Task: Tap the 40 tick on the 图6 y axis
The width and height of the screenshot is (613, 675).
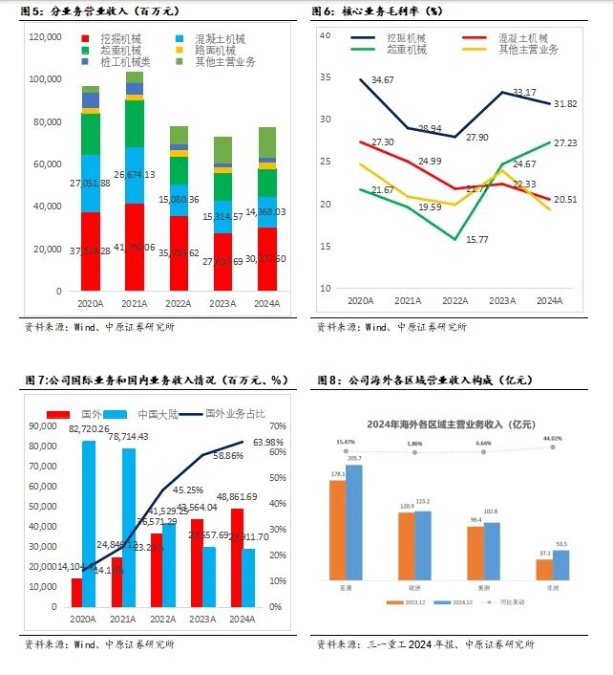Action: (x=324, y=34)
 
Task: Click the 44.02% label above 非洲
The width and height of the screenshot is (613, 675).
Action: (x=554, y=439)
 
